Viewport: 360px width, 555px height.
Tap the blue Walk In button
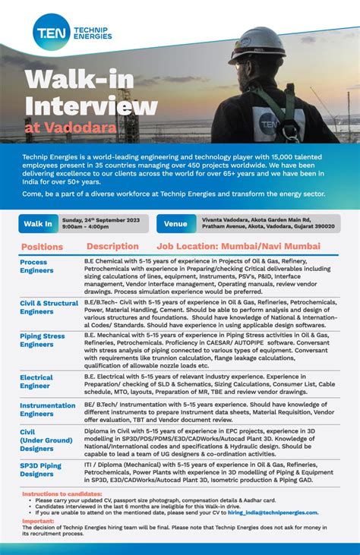(x=38, y=224)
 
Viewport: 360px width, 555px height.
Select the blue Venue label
(x=175, y=224)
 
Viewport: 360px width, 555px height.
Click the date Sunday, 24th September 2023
(x=102, y=219)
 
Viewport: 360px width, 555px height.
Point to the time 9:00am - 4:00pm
(x=87, y=227)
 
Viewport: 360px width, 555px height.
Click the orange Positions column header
(x=43, y=247)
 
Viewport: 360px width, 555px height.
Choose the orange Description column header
(x=112, y=247)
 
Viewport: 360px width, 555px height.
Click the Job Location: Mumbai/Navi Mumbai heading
(x=238, y=247)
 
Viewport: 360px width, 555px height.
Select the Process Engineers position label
(x=36, y=266)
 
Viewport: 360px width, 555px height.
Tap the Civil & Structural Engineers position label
(x=49, y=307)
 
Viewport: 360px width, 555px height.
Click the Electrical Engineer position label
(x=36, y=381)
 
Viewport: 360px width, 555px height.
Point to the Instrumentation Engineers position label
(x=47, y=410)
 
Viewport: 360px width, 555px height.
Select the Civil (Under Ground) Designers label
(x=46, y=440)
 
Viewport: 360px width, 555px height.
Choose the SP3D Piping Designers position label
(x=40, y=469)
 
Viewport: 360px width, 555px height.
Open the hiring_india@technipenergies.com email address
(x=277, y=512)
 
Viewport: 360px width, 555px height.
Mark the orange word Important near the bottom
(x=37, y=522)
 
